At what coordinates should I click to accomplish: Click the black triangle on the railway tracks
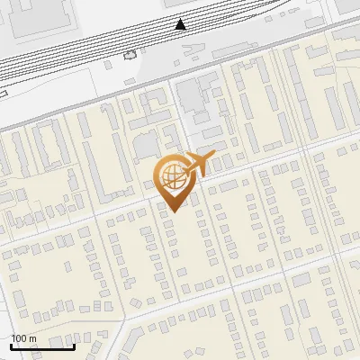click(182, 23)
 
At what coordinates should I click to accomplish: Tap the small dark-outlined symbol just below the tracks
click(129, 55)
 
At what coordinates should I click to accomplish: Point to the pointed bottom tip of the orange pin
click(172, 211)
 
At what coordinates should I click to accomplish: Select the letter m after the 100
click(32, 338)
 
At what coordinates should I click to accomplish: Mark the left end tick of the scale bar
click(11, 345)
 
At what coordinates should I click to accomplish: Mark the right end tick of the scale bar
click(74, 345)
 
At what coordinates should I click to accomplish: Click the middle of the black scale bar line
click(42, 346)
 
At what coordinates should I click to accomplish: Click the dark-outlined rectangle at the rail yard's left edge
click(3, 91)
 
